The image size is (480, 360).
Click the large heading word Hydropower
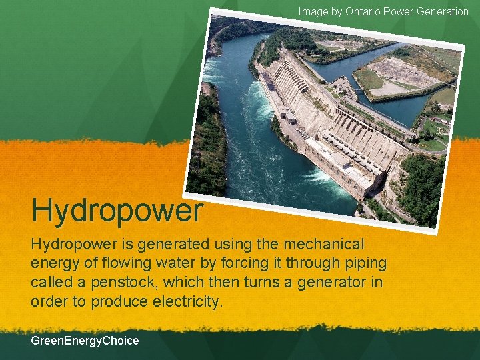[x=117, y=210]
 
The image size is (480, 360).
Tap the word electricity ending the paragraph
[x=187, y=301]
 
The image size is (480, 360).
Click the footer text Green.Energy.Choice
[x=85, y=341]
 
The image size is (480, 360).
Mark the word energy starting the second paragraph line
[x=53, y=263]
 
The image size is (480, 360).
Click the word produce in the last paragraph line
[x=119, y=301]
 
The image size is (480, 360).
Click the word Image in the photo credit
[x=313, y=11]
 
